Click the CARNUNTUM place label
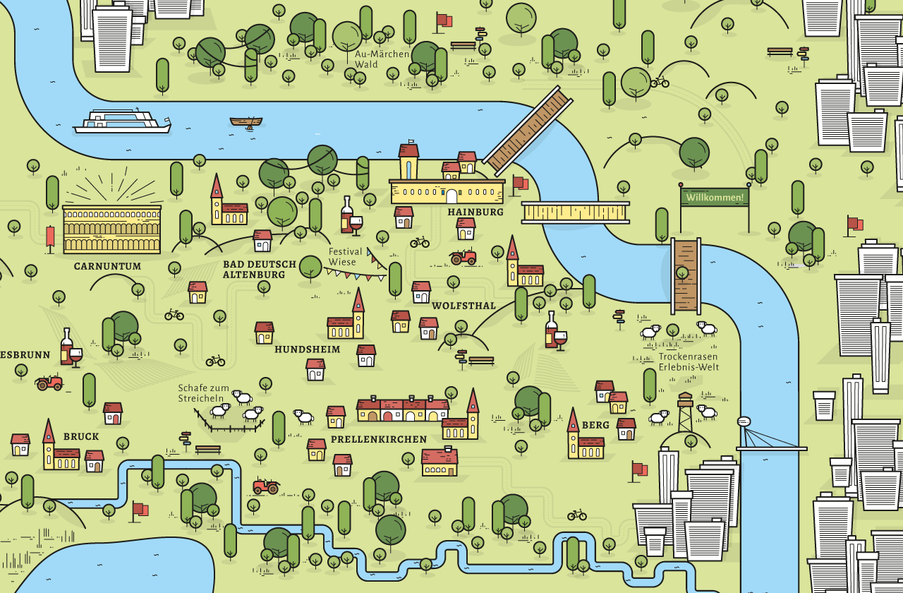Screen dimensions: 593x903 click(107, 267)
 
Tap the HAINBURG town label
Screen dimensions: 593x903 click(475, 212)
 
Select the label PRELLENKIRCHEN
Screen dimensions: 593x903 click(378, 439)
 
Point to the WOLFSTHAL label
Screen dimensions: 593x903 click(463, 306)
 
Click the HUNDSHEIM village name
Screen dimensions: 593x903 click(307, 349)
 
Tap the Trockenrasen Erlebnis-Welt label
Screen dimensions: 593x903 click(689, 361)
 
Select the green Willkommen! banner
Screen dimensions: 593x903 click(715, 197)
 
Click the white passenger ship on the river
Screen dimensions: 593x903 click(122, 121)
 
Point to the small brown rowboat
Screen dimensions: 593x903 click(246, 122)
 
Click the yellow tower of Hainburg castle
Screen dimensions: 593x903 click(408, 162)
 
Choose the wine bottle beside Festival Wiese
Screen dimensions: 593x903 click(346, 215)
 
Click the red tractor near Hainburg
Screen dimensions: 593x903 click(463, 257)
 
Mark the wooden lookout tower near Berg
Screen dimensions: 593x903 click(685, 412)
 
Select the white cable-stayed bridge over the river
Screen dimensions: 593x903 click(769, 438)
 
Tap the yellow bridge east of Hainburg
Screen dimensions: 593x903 click(575, 212)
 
